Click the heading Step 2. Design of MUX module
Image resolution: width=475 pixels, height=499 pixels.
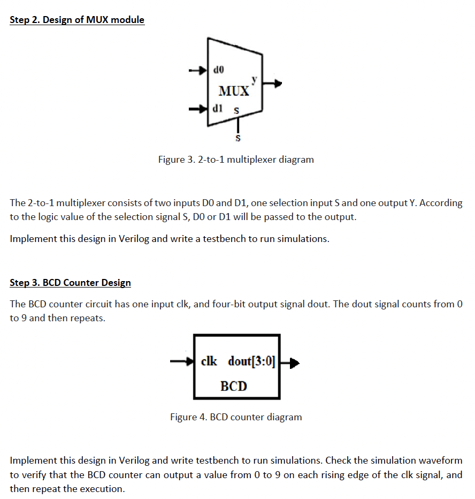[77, 20]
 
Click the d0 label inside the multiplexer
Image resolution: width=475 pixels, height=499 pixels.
[219, 69]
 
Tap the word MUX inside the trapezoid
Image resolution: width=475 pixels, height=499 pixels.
[234, 90]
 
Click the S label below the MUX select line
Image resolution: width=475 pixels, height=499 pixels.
[238, 139]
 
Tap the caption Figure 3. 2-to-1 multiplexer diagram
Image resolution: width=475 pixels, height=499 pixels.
[236, 160]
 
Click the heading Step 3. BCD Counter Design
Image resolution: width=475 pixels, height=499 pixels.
[70, 282]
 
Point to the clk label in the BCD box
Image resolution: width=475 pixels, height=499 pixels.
[209, 361]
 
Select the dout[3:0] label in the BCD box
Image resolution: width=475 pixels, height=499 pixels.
[251, 361]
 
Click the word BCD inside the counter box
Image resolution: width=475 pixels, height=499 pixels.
[234, 385]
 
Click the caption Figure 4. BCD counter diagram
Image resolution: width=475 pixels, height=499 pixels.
[236, 417]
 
